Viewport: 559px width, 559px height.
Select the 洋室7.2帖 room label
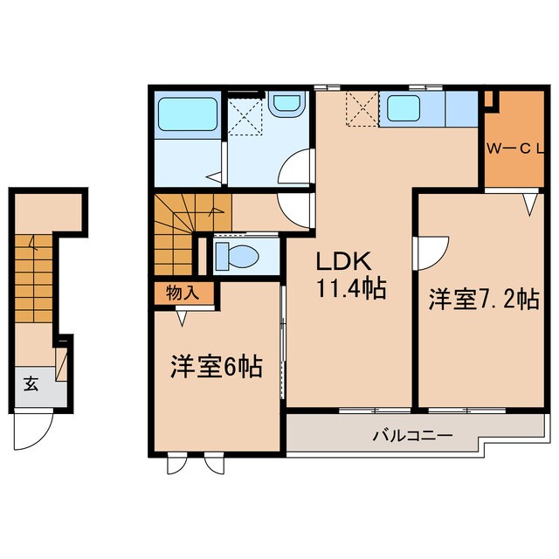(481, 300)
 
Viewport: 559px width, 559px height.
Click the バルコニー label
(411, 434)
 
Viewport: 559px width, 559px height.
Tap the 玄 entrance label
(30, 383)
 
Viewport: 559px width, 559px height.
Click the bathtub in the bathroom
(188, 115)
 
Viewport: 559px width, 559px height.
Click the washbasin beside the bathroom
(284, 106)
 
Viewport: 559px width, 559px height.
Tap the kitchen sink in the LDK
(406, 108)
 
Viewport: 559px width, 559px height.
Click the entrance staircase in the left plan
(34, 271)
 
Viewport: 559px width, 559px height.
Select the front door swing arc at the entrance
(36, 429)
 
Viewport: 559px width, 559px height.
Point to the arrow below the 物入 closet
(182, 320)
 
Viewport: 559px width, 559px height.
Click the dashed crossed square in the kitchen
(360, 109)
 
